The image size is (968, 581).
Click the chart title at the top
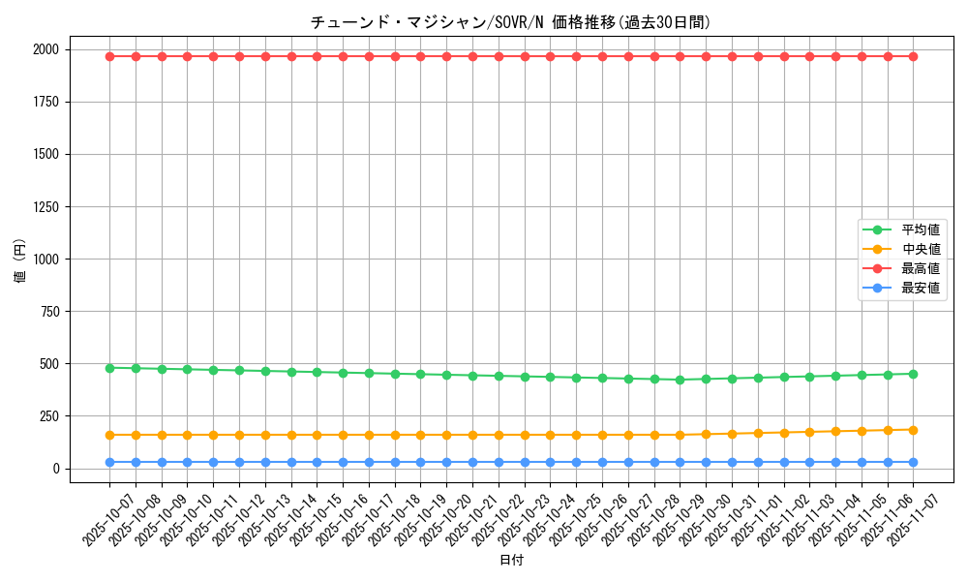click(x=511, y=22)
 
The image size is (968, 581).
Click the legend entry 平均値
click(x=921, y=229)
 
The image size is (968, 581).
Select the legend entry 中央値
click(x=921, y=249)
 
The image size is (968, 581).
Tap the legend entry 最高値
click(x=921, y=268)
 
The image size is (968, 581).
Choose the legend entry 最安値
click(x=921, y=288)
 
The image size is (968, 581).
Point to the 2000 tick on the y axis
click(x=74, y=49)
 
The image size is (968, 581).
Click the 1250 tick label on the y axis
click(x=74, y=206)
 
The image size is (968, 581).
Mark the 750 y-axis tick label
click(x=77, y=311)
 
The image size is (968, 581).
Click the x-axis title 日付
click(x=511, y=561)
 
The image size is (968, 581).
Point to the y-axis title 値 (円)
click(x=20, y=261)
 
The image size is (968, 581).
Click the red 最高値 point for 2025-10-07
click(x=109, y=56)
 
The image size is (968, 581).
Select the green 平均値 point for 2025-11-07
click(x=913, y=374)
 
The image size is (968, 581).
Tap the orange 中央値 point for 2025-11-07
click(x=913, y=430)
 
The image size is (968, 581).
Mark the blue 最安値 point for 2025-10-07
click(x=109, y=462)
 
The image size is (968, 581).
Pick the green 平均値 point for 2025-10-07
click(x=109, y=368)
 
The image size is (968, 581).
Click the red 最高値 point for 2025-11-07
click(x=913, y=56)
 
